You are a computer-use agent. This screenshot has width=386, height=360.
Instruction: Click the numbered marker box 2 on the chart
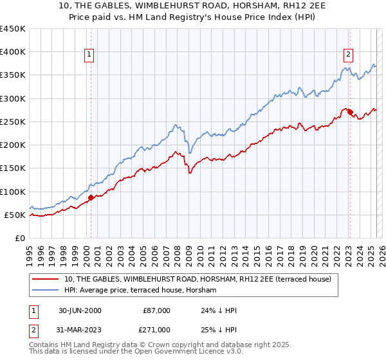[348, 55]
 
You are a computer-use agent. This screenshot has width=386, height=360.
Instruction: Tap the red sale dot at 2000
[91, 197]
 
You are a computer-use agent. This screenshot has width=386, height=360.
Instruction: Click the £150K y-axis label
[13, 168]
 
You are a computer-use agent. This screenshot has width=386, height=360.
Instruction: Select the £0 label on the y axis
[20, 238]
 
